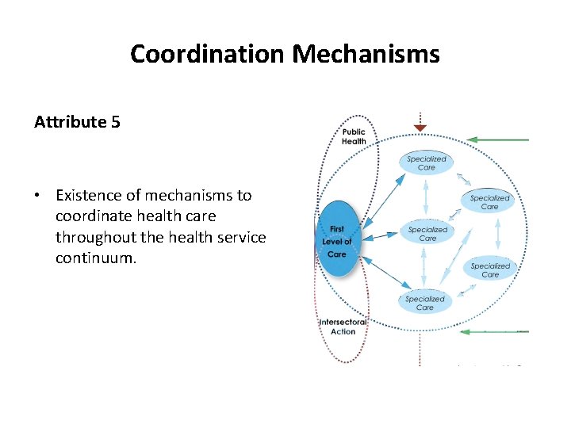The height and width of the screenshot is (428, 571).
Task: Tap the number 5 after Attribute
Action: point(116,122)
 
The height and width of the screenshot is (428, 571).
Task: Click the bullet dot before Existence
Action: point(37,196)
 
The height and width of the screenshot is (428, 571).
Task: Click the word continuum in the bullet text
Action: point(96,258)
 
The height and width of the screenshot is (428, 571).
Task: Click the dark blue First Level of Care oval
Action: point(338,241)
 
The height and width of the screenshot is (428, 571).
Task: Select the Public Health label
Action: point(354,136)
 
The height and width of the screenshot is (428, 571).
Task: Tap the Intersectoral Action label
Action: point(343,327)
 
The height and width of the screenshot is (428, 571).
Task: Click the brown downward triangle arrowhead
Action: point(420,127)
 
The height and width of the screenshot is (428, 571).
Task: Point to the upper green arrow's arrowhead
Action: point(471,139)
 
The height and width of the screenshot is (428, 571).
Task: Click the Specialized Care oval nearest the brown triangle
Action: point(427,163)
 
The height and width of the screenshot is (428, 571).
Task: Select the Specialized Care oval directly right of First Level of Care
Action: point(427,234)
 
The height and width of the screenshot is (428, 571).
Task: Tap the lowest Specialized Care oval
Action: point(425,302)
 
